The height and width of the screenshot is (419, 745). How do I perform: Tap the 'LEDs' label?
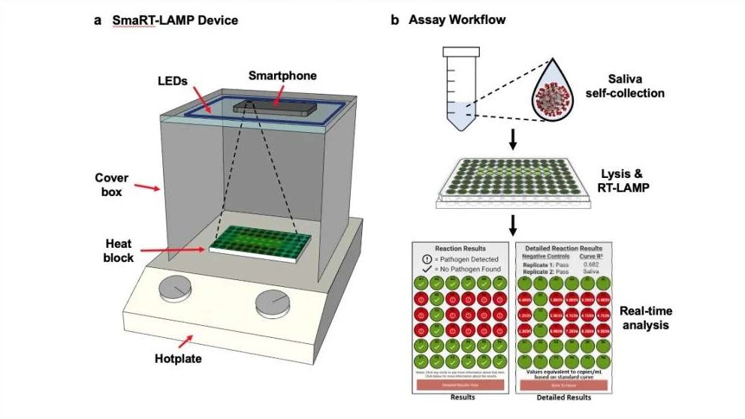[x=172, y=80]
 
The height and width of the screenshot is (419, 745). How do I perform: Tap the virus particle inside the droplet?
[x=559, y=96]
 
